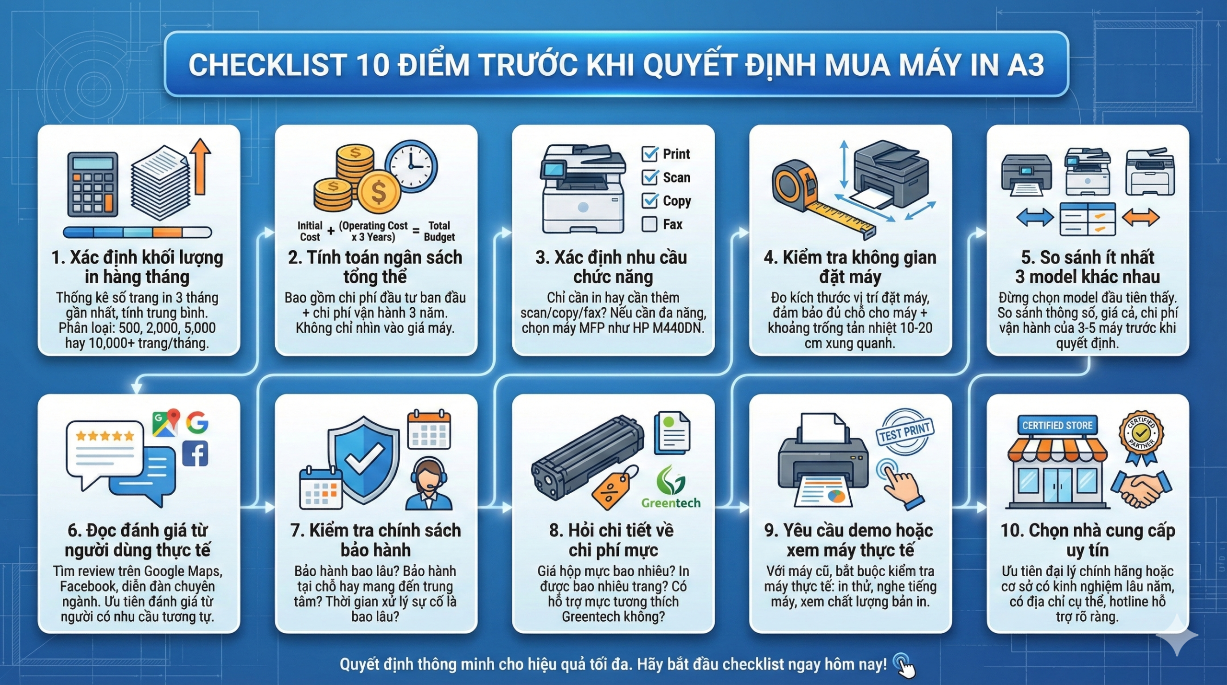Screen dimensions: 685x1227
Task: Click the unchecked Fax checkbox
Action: pyautogui.click(x=649, y=224)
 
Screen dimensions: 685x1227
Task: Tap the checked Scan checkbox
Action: pyautogui.click(x=649, y=177)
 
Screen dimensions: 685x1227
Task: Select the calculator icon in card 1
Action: pyautogui.click(x=93, y=184)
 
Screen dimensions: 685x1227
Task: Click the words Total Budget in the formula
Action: pyautogui.click(x=439, y=231)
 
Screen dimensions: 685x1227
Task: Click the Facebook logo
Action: pyautogui.click(x=195, y=453)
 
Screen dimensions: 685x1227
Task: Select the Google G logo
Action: pyautogui.click(x=197, y=422)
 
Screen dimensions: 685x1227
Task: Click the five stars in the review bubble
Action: pyautogui.click(x=105, y=436)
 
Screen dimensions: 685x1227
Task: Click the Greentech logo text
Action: pyautogui.click(x=671, y=503)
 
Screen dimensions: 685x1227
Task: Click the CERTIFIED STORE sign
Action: pyautogui.click(x=1057, y=425)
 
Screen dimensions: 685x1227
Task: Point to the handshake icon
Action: pyautogui.click(x=1141, y=489)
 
